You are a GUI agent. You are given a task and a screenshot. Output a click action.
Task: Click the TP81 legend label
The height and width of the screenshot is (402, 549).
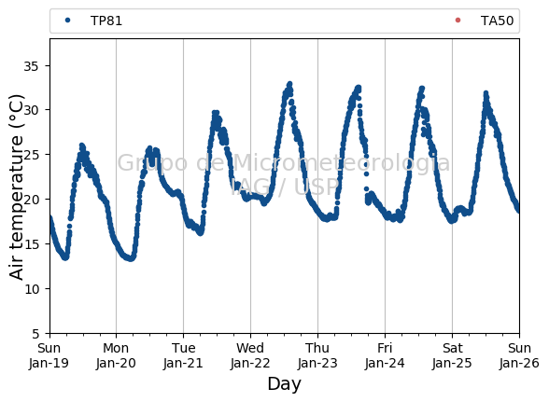(x=106, y=21)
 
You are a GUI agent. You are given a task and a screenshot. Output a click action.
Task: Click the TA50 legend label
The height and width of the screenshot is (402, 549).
(x=497, y=21)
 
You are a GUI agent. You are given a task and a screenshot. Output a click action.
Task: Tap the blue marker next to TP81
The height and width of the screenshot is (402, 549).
(x=67, y=21)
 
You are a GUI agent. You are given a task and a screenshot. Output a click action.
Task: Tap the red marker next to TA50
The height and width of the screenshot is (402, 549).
(x=457, y=21)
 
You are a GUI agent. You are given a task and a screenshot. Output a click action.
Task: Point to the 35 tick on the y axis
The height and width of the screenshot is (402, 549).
(x=31, y=66)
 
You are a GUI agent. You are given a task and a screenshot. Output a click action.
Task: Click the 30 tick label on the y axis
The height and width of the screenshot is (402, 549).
(x=31, y=110)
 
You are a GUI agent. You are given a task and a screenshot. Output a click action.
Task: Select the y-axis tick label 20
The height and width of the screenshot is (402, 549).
(x=31, y=200)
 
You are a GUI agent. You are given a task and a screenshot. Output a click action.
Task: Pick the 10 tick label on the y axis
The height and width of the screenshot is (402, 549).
(x=31, y=289)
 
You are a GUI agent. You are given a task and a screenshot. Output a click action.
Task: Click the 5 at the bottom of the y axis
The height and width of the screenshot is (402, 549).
(x=35, y=334)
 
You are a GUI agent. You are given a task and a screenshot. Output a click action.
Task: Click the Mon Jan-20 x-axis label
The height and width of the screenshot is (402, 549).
(x=116, y=355)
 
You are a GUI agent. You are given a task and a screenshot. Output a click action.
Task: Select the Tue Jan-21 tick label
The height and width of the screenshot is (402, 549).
(x=183, y=355)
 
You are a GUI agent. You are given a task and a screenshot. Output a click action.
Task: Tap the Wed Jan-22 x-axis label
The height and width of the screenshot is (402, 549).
(x=250, y=355)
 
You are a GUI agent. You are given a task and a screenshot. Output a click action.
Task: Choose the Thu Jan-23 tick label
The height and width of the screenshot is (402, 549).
(x=317, y=355)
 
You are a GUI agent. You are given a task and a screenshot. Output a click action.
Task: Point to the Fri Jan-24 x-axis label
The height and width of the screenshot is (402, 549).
(x=385, y=355)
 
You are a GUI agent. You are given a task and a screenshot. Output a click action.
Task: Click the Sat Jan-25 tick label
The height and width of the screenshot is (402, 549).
(x=452, y=355)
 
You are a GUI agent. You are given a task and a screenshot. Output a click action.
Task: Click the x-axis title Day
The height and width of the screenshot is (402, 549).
(x=284, y=384)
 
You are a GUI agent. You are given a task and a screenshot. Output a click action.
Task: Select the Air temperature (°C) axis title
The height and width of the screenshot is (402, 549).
(x=16, y=187)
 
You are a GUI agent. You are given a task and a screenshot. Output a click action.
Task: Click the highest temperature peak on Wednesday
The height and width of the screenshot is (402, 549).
(x=289, y=84)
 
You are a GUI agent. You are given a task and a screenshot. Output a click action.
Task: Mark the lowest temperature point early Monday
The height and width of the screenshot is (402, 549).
(x=131, y=258)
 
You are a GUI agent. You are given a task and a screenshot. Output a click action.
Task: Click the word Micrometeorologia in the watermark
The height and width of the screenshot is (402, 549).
(x=342, y=162)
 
